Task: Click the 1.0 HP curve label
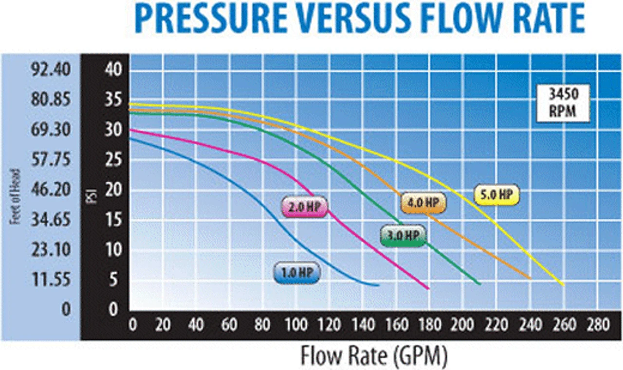pos(297,273)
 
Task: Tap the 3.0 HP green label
pos(403,236)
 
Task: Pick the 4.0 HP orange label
pos(423,203)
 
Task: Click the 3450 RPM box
pos(564,104)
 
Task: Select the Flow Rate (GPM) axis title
pos(373,356)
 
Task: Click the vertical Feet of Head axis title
pos(15,196)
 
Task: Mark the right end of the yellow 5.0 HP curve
pos(564,284)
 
